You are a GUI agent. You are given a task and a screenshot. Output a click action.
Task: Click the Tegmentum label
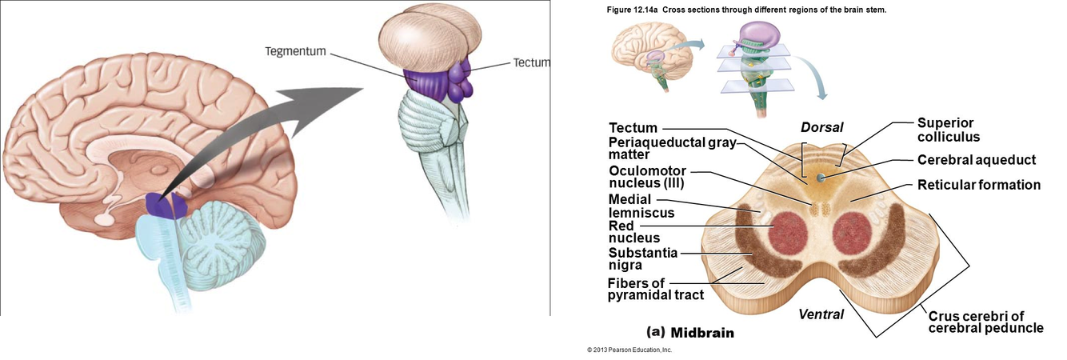click(x=295, y=52)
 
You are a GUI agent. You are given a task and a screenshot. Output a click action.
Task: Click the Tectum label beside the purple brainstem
click(x=532, y=62)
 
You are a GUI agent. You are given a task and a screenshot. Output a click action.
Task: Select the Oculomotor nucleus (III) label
click(x=647, y=177)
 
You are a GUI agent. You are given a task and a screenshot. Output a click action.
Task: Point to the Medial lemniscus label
click(x=641, y=206)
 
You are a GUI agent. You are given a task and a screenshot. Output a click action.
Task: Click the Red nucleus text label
click(x=634, y=232)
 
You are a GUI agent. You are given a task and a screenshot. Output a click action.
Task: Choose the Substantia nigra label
click(x=643, y=259)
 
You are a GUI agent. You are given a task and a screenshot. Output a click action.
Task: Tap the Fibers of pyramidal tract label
click(x=655, y=288)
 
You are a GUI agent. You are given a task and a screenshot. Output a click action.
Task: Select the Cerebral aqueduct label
click(x=977, y=160)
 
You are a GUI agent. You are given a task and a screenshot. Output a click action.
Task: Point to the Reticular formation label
click(x=979, y=185)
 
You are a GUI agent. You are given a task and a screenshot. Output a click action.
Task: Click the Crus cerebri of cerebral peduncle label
click(x=985, y=322)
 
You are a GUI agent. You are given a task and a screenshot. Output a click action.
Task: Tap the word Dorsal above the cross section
click(x=822, y=127)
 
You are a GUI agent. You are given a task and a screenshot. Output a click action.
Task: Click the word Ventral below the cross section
click(x=821, y=314)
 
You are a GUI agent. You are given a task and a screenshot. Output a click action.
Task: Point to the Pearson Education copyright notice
click(x=629, y=350)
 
